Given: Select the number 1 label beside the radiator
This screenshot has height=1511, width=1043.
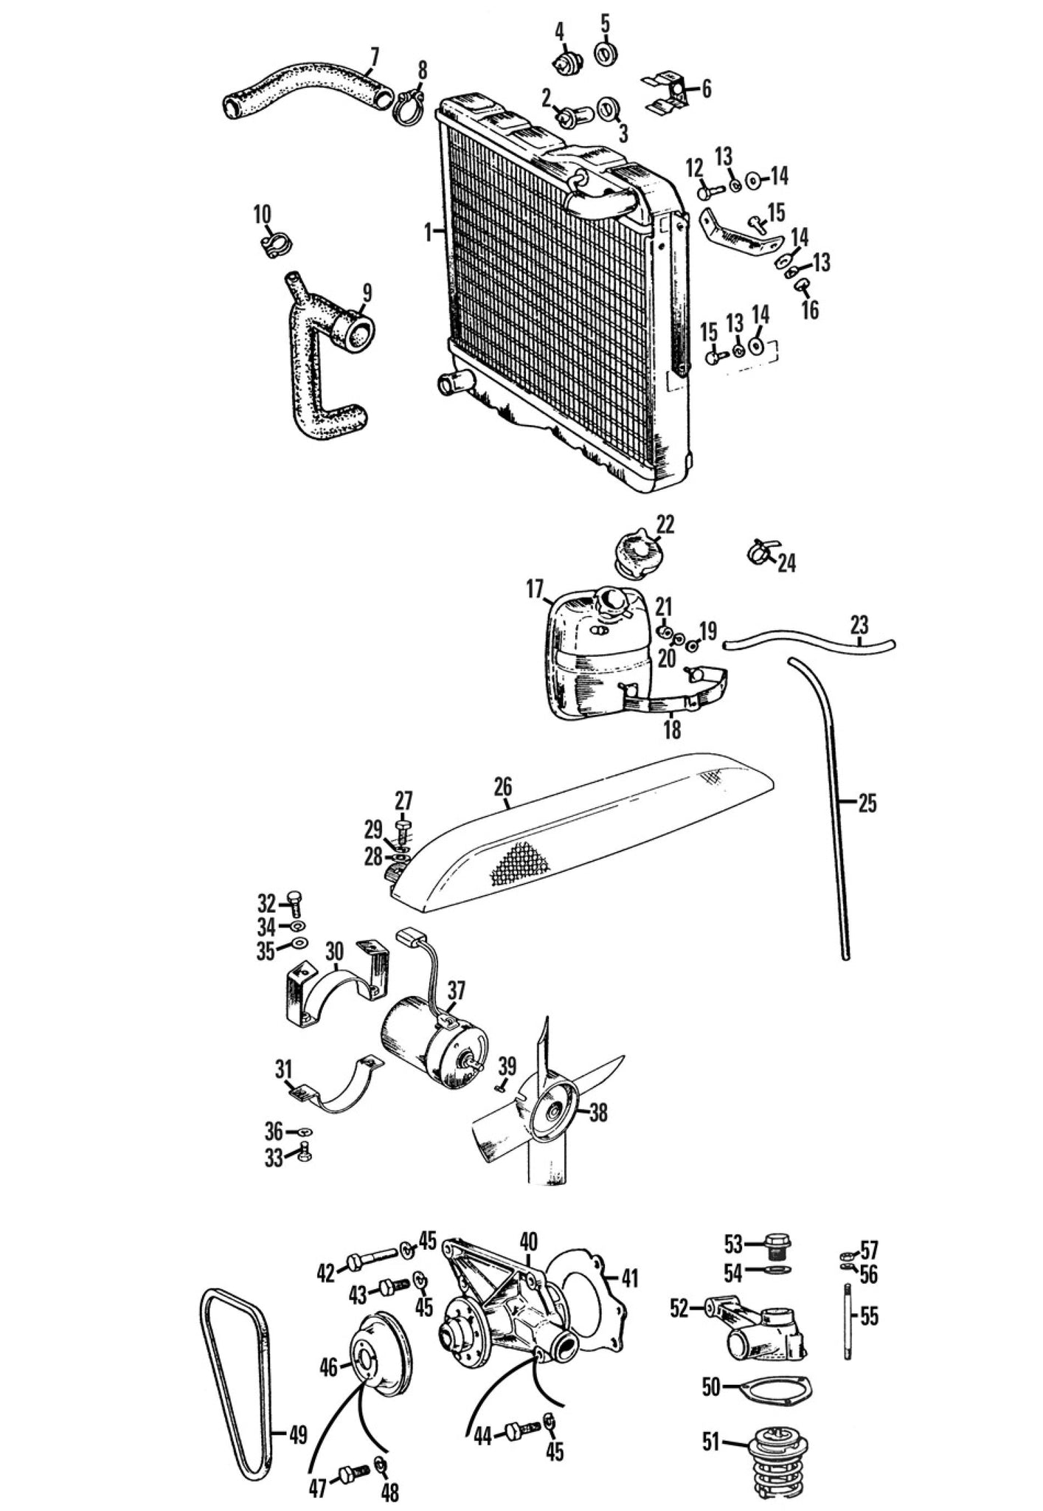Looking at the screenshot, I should tap(427, 232).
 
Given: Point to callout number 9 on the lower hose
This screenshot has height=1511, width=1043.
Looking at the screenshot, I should tap(367, 294).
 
